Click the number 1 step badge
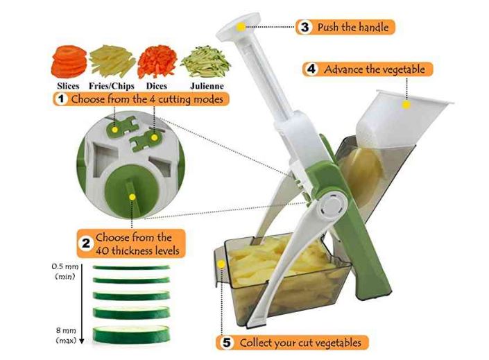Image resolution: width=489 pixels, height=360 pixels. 61,99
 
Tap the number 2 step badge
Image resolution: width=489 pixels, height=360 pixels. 86,243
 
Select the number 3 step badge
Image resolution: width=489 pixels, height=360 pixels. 304,27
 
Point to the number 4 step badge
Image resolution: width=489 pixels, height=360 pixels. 311,69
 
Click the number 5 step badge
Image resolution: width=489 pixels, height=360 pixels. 227,343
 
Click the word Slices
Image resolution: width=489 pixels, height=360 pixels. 68,86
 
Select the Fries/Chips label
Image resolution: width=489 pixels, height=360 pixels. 112,86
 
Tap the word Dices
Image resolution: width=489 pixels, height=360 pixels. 157,86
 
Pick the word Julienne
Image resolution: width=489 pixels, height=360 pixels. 207,86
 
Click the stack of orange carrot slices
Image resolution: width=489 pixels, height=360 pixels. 69,62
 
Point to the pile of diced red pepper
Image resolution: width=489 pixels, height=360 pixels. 157,62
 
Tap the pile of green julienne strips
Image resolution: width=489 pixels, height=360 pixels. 206,62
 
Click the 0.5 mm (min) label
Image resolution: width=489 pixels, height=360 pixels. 65,271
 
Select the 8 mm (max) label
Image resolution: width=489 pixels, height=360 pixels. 66,335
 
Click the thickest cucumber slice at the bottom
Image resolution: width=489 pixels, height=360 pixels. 131,334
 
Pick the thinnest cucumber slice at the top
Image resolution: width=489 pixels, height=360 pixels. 131,267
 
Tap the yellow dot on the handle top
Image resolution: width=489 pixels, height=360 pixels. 241,27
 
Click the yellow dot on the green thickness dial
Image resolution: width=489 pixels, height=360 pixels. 132,197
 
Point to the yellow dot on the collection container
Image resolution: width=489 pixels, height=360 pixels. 221,264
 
